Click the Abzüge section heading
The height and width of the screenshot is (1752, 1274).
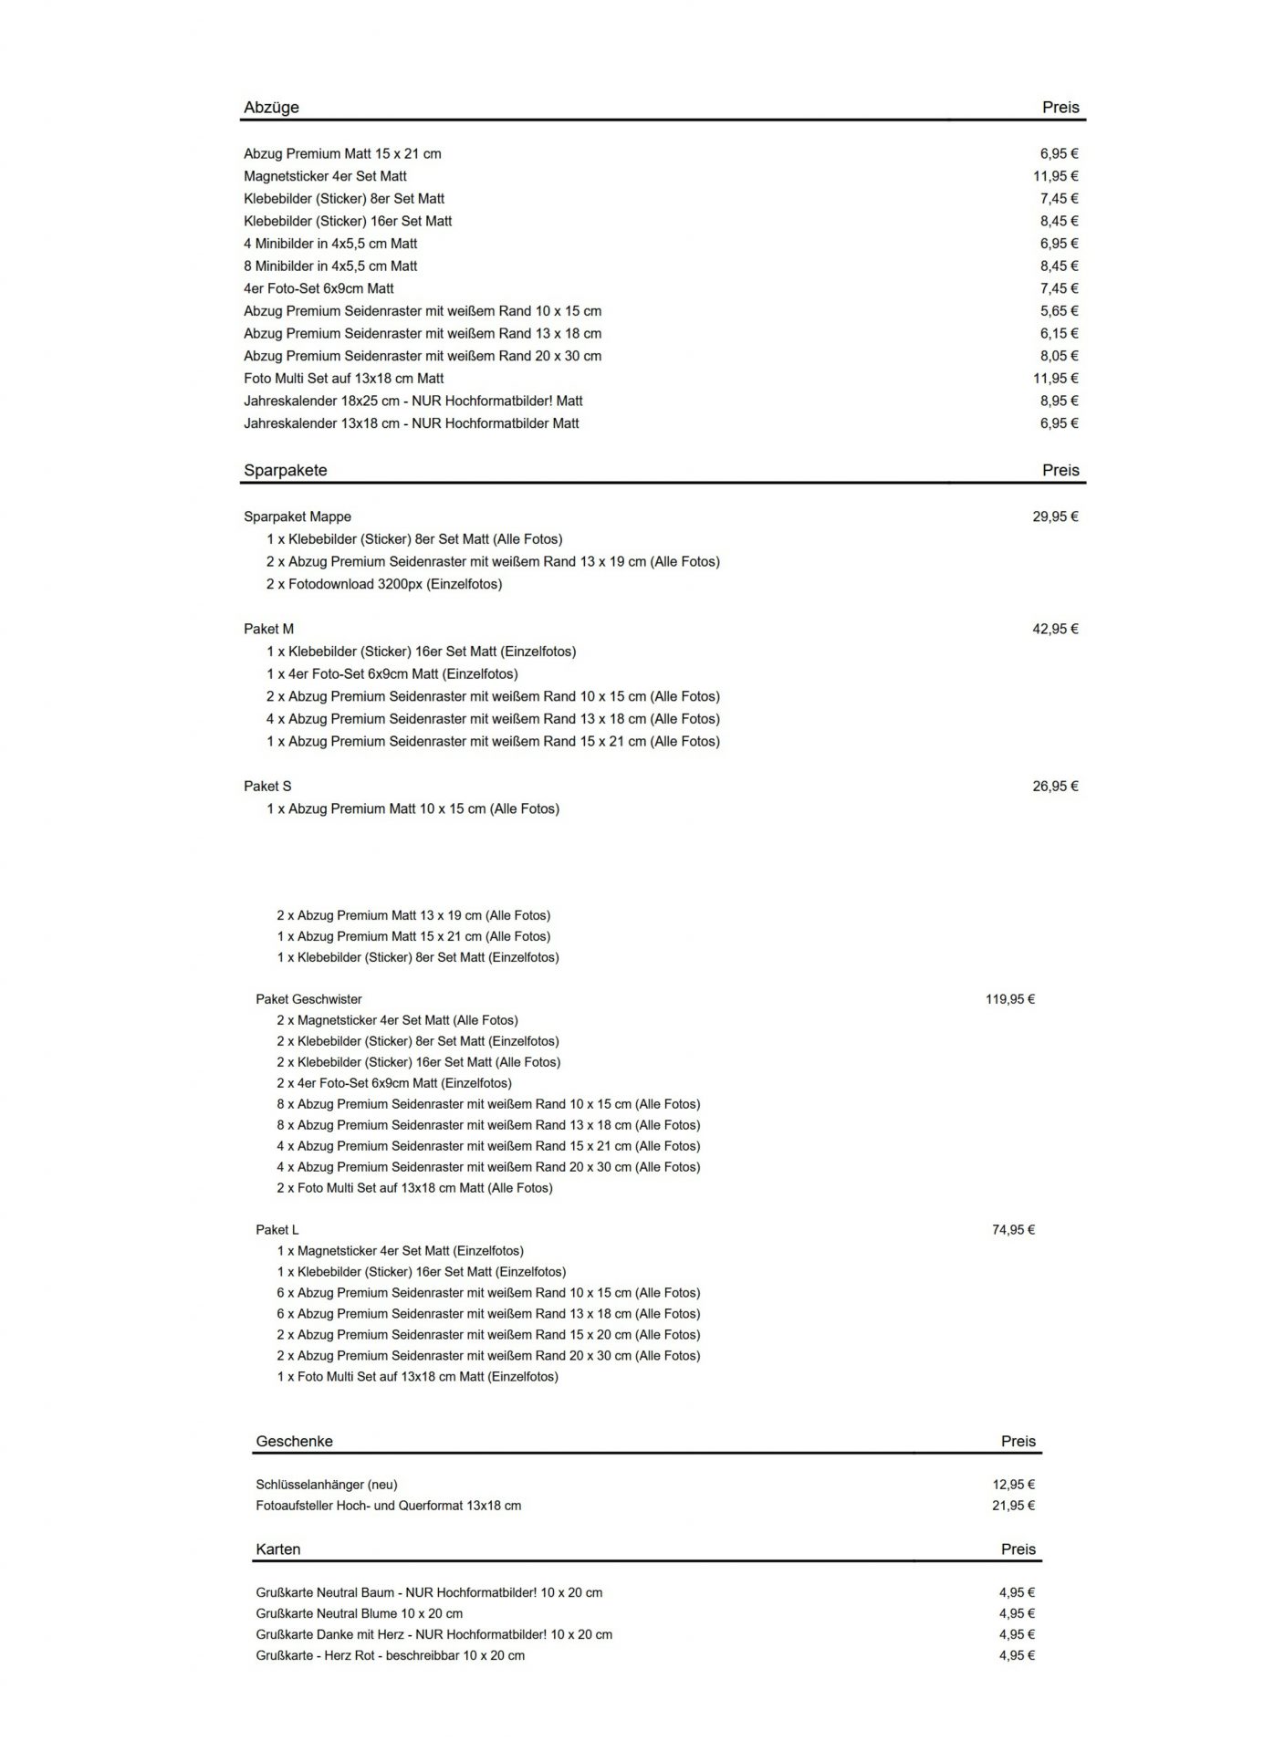[x=271, y=107]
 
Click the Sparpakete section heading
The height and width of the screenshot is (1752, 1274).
[x=285, y=470]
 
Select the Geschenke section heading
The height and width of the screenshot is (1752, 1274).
[x=294, y=1441]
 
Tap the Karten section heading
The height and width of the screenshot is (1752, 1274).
[x=277, y=1549]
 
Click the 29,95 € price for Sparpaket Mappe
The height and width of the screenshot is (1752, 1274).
[x=1055, y=516]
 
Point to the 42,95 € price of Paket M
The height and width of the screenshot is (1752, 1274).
[x=1055, y=629]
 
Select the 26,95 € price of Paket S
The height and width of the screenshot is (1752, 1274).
[x=1055, y=786]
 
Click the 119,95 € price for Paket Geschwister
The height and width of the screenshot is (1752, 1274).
[x=1009, y=999]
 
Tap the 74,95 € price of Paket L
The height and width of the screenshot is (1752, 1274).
[x=1013, y=1229]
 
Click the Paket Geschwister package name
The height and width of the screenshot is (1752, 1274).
[x=308, y=999]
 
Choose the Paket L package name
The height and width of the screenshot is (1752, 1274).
[x=277, y=1229]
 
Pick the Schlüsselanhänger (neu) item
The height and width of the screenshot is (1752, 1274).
[x=326, y=1485]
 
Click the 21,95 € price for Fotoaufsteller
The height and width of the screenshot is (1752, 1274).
[x=1013, y=1506]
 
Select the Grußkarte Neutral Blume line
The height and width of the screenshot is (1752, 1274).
[x=359, y=1613]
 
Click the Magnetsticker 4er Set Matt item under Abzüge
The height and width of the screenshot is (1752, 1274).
[x=325, y=176]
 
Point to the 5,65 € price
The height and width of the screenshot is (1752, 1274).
[x=1059, y=311]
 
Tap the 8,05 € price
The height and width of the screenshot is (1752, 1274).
[x=1059, y=356]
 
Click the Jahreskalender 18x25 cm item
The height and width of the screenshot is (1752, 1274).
[x=412, y=401]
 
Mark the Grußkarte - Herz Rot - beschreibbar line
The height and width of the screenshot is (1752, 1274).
[x=390, y=1655]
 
